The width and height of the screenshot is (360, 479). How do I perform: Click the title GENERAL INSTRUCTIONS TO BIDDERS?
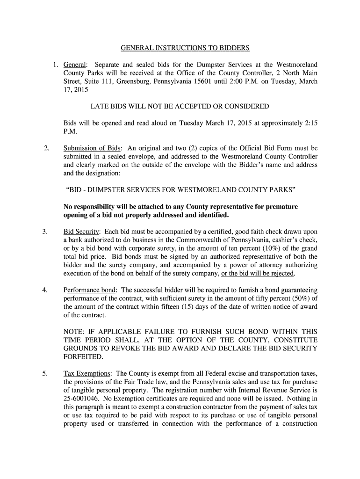click(x=186, y=48)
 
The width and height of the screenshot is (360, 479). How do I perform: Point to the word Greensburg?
click(x=132, y=81)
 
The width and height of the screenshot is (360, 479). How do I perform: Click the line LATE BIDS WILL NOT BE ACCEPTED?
click(x=180, y=107)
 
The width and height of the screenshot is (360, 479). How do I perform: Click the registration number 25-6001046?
click(x=81, y=399)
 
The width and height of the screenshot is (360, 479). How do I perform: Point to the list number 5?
click(x=45, y=374)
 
